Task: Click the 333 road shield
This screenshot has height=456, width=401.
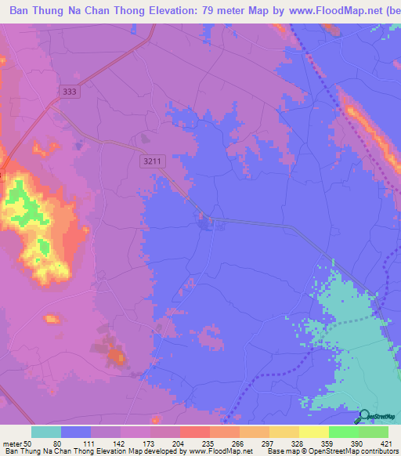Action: click(70, 92)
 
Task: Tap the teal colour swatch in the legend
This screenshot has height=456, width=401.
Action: click(46, 432)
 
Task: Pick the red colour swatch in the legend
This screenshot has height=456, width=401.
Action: click(194, 432)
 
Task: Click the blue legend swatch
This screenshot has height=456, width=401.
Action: click(76, 432)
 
